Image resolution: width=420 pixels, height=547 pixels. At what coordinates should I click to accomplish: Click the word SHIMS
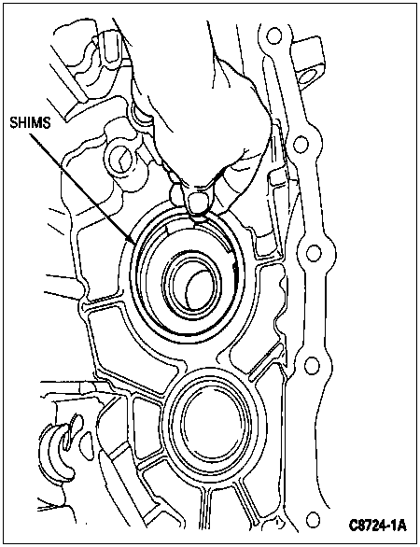click(x=30, y=123)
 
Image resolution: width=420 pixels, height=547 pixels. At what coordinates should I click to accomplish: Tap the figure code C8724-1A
click(x=377, y=526)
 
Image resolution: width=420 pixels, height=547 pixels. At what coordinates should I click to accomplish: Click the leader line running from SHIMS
click(x=82, y=188)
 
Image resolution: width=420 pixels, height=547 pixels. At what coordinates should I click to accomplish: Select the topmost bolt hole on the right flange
click(x=273, y=35)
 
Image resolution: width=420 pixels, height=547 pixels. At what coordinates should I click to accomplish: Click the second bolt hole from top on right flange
click(x=301, y=145)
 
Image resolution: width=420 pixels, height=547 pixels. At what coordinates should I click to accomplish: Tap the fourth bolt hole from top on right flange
click(x=312, y=365)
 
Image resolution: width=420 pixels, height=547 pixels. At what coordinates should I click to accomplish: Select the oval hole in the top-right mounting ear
click(x=307, y=77)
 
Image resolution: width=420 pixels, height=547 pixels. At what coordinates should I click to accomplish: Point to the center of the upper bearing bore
click(x=192, y=285)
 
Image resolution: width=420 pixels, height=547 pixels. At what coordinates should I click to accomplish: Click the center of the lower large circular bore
click(x=211, y=423)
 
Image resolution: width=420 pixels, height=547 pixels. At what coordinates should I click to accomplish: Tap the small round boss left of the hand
click(x=120, y=160)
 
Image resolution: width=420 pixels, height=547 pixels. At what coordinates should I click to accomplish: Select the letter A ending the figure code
click(x=402, y=526)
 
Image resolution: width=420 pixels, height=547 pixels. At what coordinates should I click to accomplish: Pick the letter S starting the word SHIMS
click(x=13, y=123)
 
